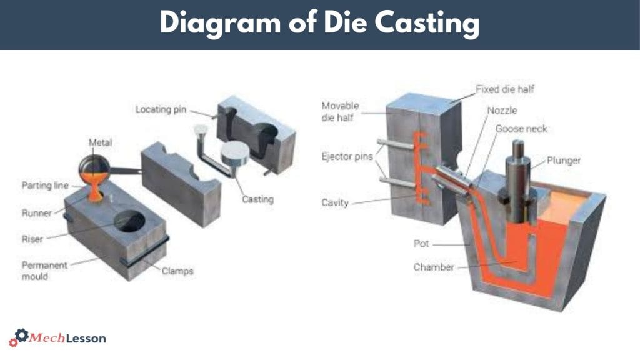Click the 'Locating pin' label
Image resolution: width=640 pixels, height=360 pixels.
pos(162,110)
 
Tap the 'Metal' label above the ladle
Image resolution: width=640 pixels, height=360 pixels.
pos(100,143)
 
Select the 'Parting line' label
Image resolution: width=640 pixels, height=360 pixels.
pos(44,186)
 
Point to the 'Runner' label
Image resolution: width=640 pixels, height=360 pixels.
pos(37,213)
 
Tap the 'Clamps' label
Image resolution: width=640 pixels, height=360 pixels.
pos(177,271)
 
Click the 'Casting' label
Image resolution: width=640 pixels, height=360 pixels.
pos(258,200)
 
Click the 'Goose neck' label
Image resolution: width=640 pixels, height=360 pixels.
pos(521,129)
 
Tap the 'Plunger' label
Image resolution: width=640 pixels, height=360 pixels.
pos(563,161)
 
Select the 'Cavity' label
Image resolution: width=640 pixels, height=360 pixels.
pos(335,202)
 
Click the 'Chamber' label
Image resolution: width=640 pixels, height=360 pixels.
pos(433,267)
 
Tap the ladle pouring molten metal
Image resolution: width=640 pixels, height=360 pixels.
pos(94,167)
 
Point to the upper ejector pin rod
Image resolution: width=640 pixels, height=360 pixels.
pos(395,145)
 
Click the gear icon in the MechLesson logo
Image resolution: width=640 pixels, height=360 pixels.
pos(21,336)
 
